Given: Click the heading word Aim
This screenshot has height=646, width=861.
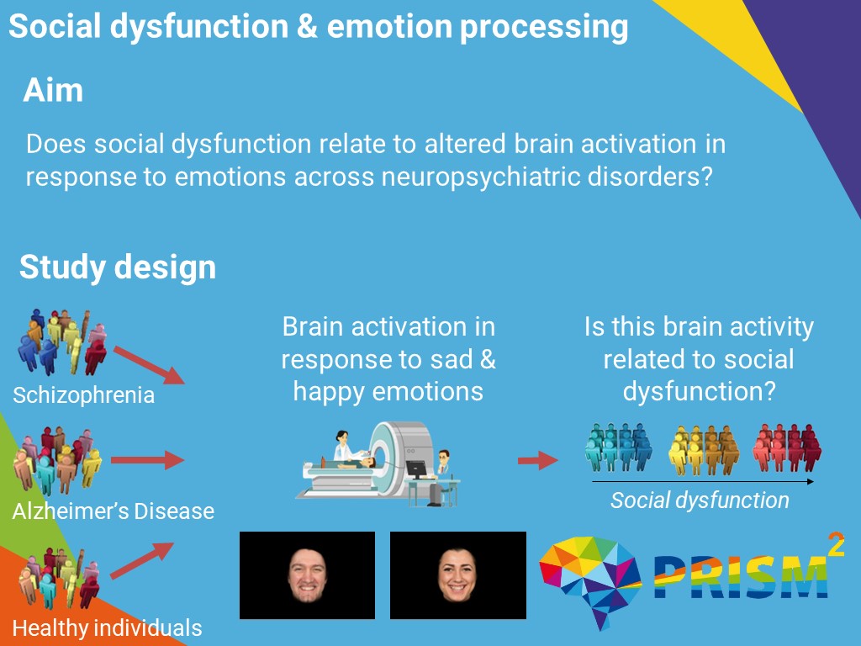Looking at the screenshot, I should [x=53, y=90].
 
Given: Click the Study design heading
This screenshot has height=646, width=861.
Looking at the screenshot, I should [x=118, y=267].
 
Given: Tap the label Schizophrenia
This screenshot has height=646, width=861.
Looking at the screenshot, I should [x=83, y=394].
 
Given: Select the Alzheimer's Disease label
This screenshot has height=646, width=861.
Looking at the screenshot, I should [x=113, y=510].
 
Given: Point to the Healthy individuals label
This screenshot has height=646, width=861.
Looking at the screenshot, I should [x=107, y=627].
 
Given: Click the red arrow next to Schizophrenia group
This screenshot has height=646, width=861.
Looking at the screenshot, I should [x=148, y=363].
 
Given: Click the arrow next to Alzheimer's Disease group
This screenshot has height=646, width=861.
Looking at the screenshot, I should [x=147, y=460].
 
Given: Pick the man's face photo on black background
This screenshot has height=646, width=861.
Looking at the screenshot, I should [x=306, y=575].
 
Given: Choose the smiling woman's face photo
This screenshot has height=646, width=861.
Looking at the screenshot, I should [x=457, y=575].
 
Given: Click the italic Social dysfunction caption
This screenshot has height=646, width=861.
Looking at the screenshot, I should [x=700, y=500].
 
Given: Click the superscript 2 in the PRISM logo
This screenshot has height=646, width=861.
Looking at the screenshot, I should [x=836, y=544].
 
